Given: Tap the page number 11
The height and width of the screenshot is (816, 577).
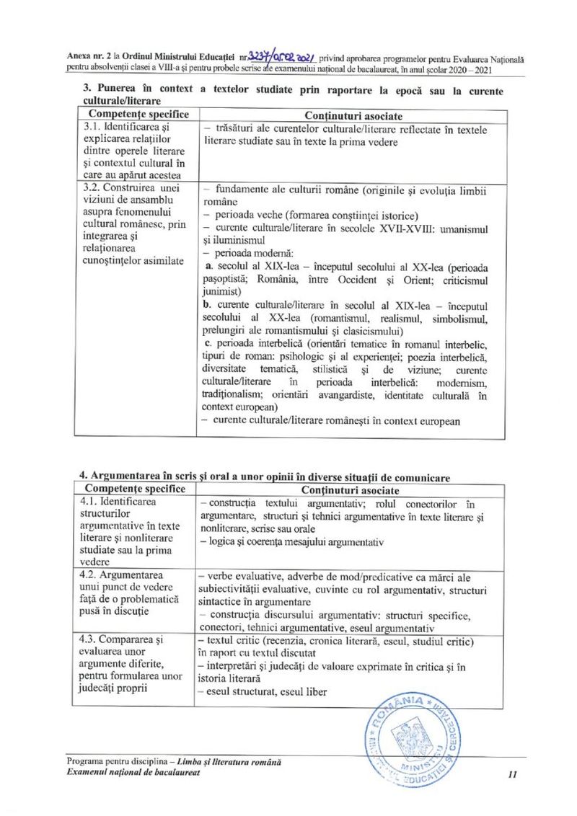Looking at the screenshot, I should pos(513,775).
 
